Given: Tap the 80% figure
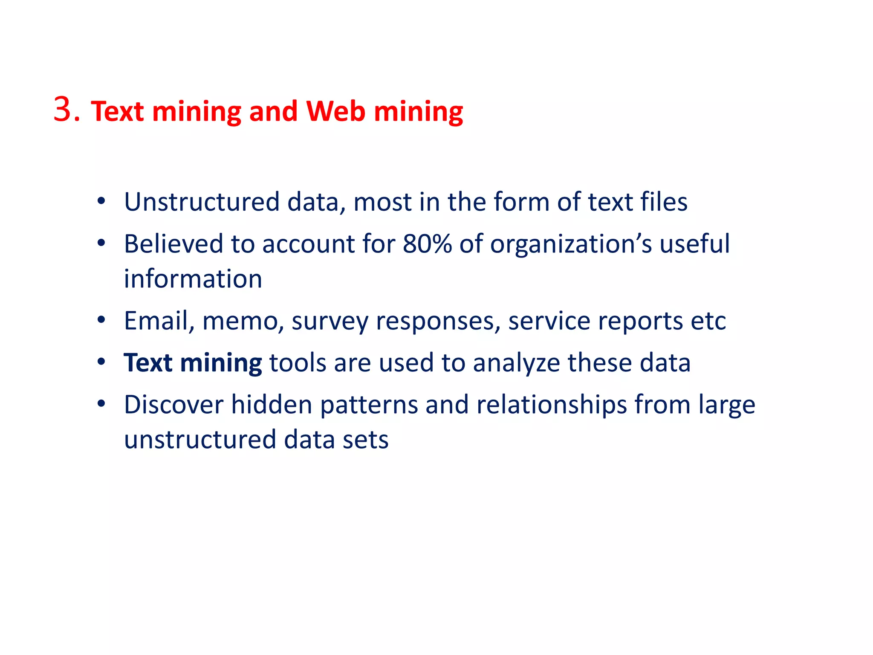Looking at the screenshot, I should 427,244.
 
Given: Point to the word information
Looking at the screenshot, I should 193,279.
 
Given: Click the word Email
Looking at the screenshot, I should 156,321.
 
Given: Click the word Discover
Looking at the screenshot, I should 173,404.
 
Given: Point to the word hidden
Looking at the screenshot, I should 272,404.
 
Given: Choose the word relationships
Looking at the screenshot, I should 552,404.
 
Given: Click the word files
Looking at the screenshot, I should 664,202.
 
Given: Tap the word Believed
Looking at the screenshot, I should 173,244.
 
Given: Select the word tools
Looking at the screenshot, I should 298,363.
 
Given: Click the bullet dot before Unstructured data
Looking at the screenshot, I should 101,201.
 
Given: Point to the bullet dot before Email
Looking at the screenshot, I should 101,320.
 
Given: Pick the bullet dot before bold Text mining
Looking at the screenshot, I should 101,362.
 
